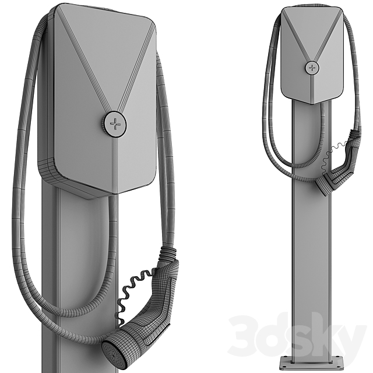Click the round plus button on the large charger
coord(115,124)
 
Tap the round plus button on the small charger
coord(312,68)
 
